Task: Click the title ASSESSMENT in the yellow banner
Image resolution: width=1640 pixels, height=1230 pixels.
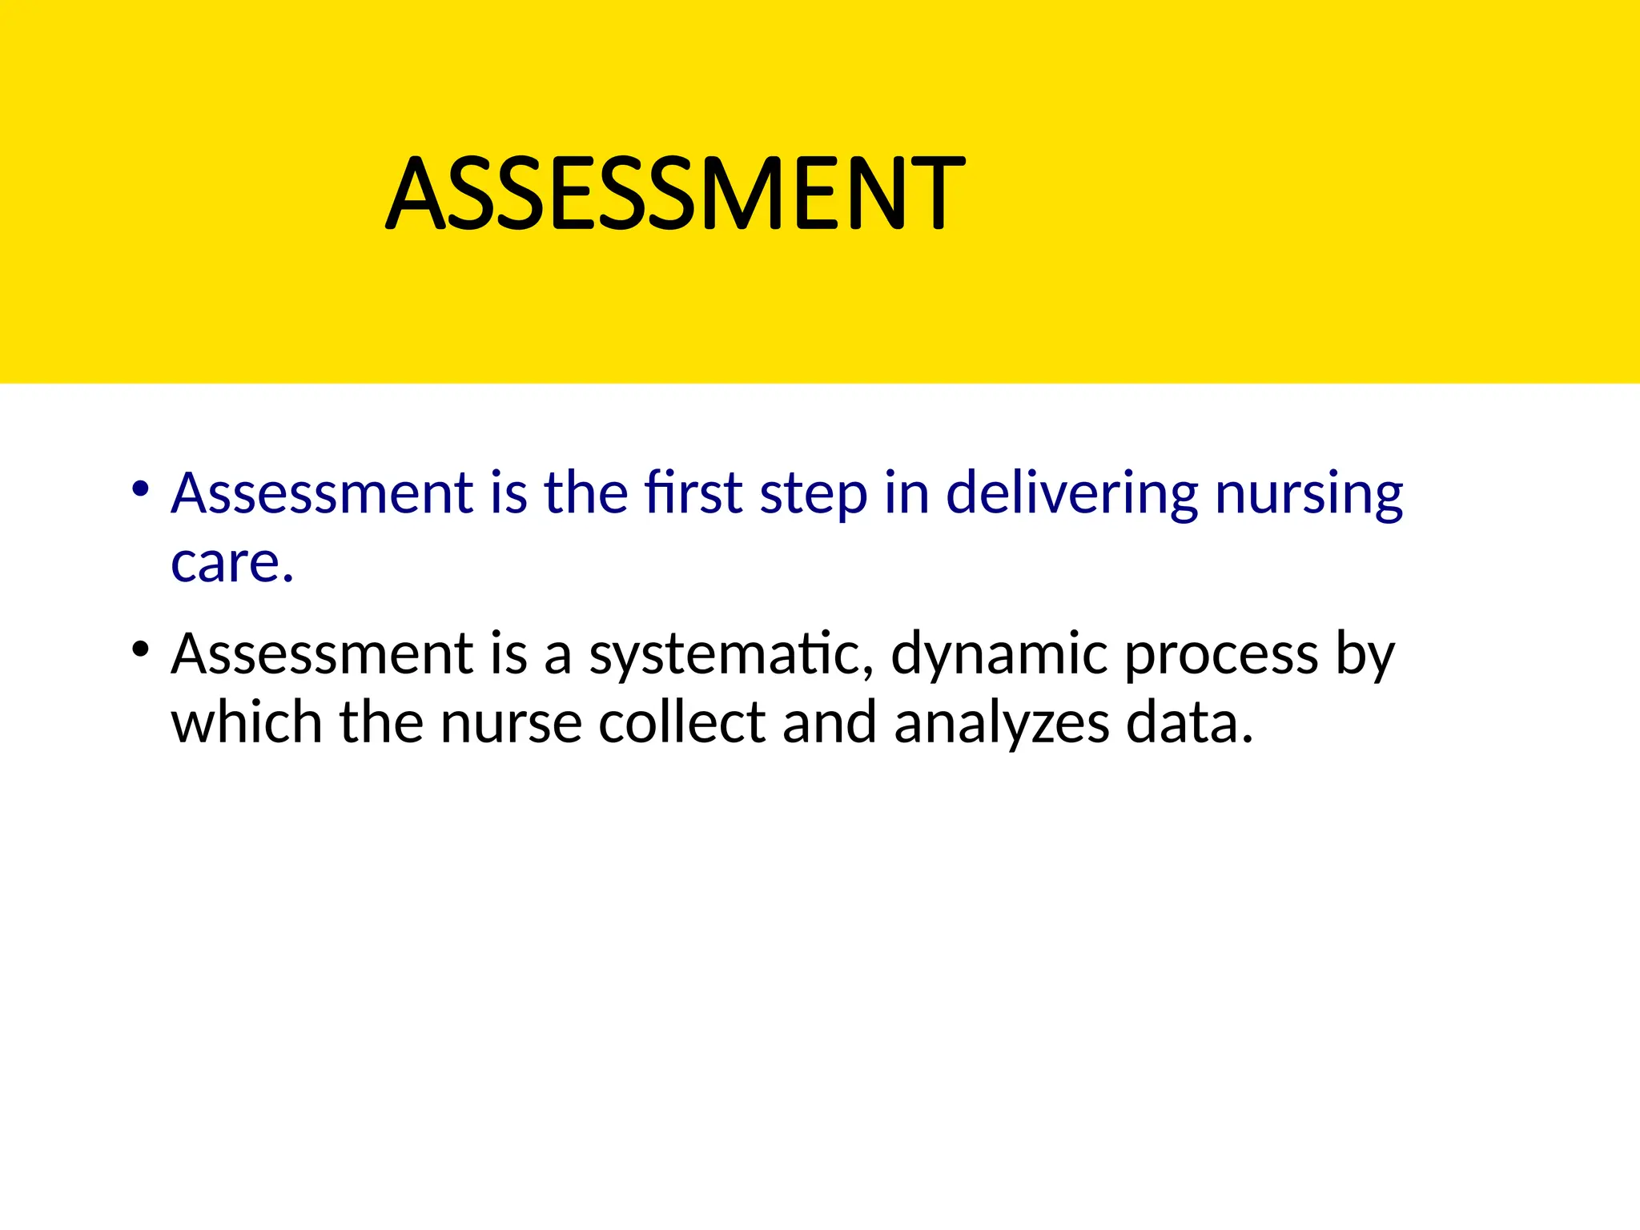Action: pyautogui.click(x=675, y=194)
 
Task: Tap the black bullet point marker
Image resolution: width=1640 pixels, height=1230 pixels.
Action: pyautogui.click(x=141, y=649)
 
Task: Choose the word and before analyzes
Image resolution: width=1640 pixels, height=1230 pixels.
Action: pyautogui.click(x=830, y=722)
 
